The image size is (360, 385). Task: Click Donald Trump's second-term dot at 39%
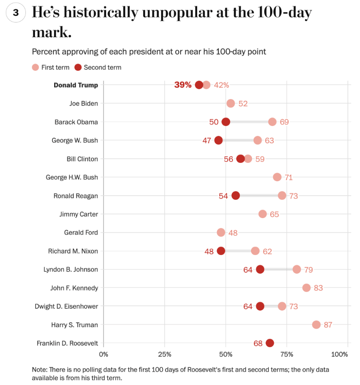[x=199, y=85]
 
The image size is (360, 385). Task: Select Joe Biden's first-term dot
[x=231, y=103]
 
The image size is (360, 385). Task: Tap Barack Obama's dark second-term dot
[x=226, y=122]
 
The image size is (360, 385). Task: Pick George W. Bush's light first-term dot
[x=257, y=140]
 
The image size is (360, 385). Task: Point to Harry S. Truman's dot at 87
[x=316, y=324]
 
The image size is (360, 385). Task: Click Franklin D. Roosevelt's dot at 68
[x=270, y=343]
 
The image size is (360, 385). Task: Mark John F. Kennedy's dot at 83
[x=307, y=288]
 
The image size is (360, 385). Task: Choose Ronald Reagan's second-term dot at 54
[x=235, y=196]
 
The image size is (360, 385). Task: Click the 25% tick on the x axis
[x=164, y=354]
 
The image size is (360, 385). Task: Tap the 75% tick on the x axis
[x=287, y=354]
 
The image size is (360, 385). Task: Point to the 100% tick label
[x=339, y=354]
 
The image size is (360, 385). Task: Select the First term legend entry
[x=51, y=67]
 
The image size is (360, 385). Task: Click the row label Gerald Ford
[x=81, y=232]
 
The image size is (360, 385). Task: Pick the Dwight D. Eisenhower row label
[x=66, y=306]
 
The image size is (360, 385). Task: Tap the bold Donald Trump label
[x=76, y=85]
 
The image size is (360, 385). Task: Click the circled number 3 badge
[x=15, y=13]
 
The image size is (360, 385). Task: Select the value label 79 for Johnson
[x=309, y=270]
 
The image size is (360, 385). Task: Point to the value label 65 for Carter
[x=274, y=214]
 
